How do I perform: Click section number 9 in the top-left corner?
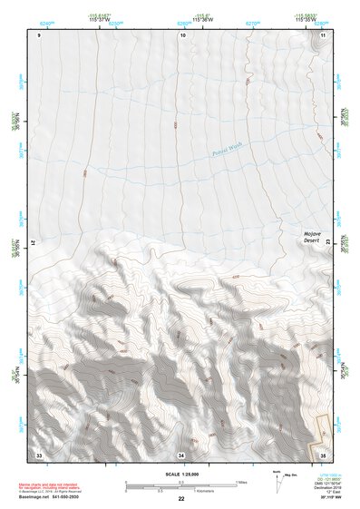click(39, 35)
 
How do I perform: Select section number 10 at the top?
click(183, 35)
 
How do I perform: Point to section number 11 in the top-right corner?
click(322, 35)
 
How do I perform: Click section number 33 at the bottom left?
click(39, 453)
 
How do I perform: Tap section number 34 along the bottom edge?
click(181, 453)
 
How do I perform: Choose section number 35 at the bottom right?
click(322, 453)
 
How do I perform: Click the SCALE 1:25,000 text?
click(180, 475)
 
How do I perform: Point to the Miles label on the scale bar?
click(241, 481)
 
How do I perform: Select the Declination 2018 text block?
click(328, 488)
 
